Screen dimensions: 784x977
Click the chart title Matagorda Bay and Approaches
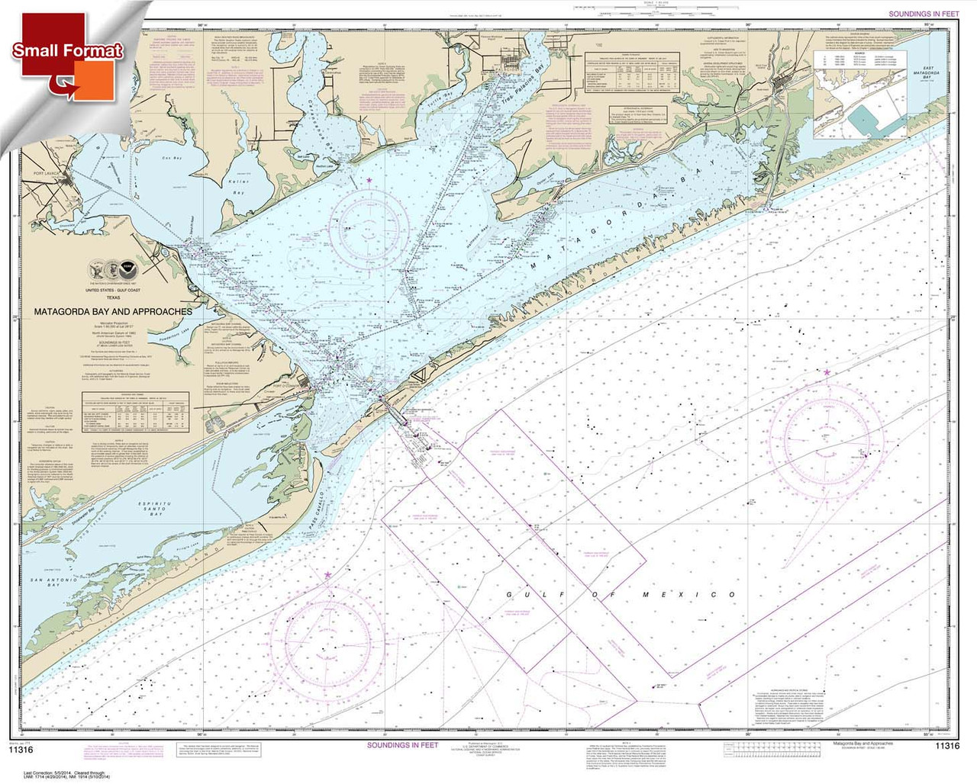point(112,311)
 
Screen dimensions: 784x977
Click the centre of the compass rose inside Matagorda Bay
point(370,223)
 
